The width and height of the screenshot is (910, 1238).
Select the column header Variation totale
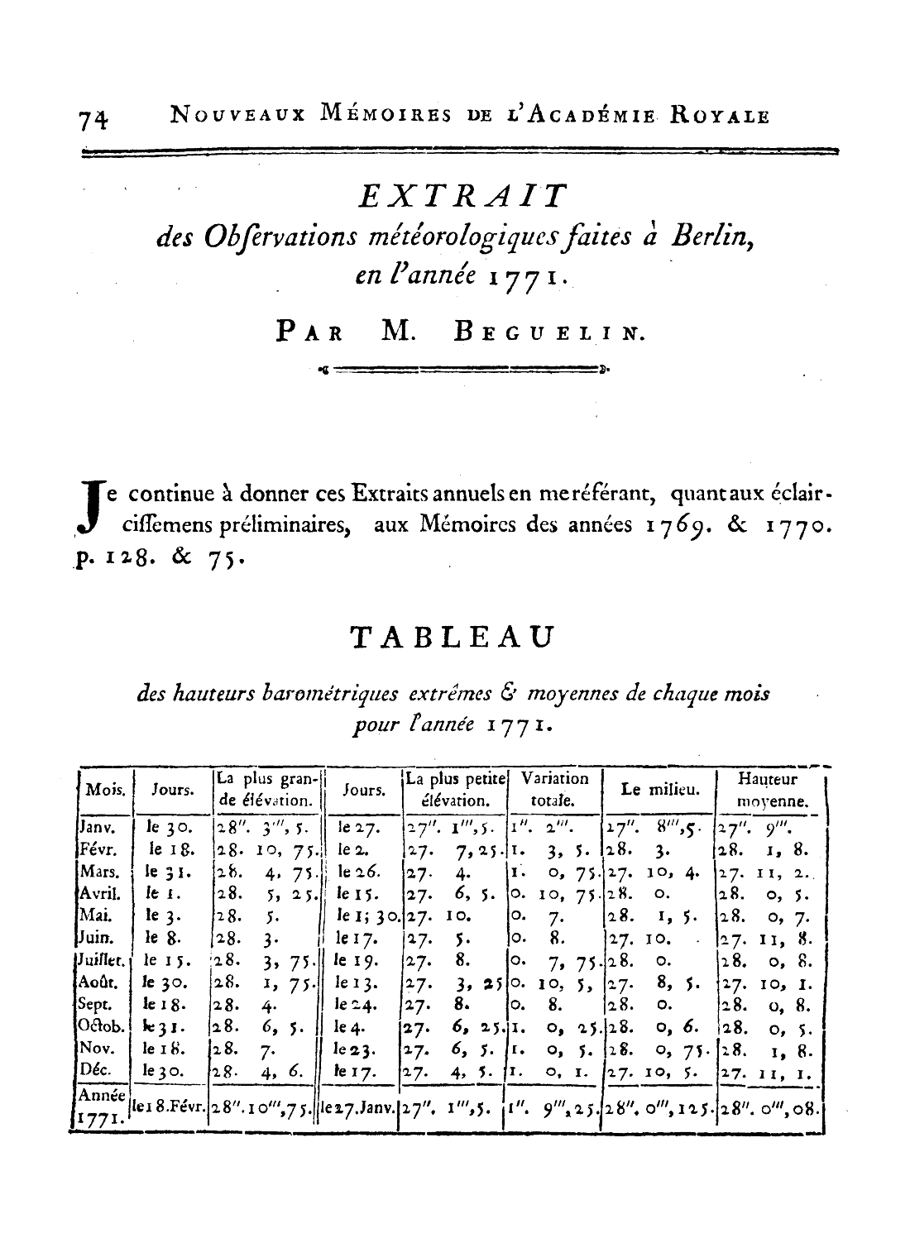point(554,790)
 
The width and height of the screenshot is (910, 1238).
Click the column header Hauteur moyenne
point(771,790)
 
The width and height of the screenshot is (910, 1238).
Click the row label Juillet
point(100,960)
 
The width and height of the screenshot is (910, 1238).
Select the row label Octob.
point(100,1027)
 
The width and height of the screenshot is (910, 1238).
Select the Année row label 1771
point(98,1116)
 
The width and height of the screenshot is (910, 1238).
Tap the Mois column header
point(106,790)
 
